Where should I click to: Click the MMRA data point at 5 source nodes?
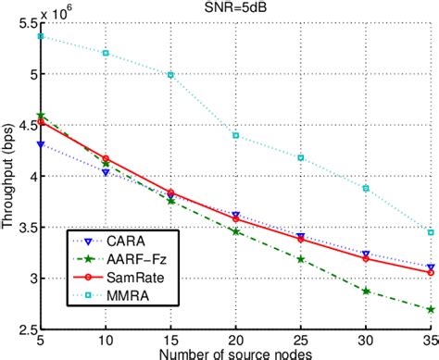[41, 36]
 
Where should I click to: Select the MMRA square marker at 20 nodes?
[235, 136]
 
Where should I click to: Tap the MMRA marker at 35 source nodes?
[430, 232]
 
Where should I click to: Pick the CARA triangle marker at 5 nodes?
[41, 144]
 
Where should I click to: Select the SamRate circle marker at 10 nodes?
[106, 159]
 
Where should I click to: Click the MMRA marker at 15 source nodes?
[170, 74]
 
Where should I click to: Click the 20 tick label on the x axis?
[235, 341]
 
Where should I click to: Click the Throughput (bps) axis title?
[8, 176]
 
